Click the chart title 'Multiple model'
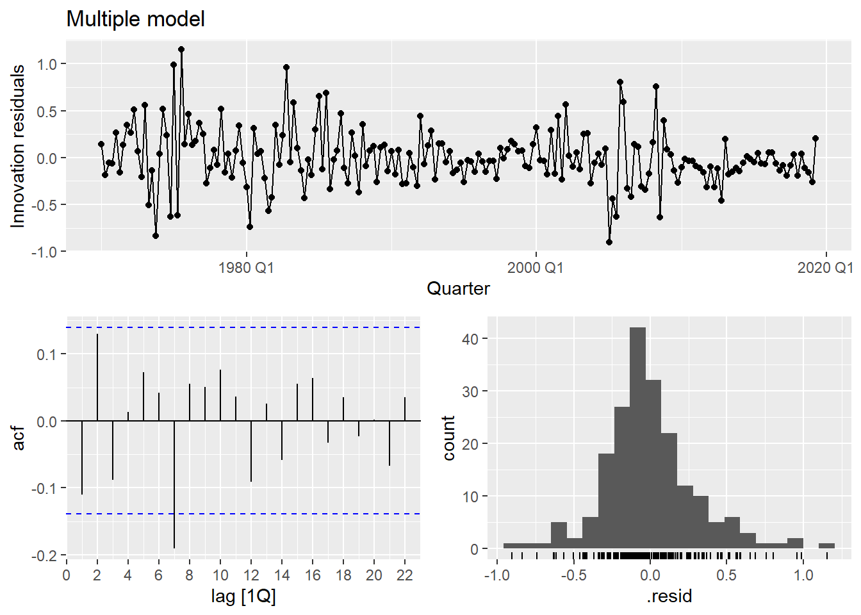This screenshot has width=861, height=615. pos(135,19)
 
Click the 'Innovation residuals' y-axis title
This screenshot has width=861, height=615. pos(18,146)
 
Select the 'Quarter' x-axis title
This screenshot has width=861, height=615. pos(458,288)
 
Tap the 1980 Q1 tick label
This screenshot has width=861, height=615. pos(246,268)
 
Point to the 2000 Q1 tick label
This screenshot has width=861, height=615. pos(536,268)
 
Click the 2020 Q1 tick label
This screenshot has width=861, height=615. pos(824,268)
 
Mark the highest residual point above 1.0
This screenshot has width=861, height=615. pos(181,49)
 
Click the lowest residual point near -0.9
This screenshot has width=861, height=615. pos(609,242)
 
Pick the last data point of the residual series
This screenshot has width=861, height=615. pos(816,138)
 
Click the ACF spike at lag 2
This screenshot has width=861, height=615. pos(97,378)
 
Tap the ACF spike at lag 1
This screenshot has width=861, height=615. pos(82,457)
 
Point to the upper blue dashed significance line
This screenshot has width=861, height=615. pos(243,327)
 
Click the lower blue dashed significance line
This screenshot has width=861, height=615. pos(243,514)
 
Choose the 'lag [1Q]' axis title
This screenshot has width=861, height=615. pos(243,596)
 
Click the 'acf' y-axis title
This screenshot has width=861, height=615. pos(19,438)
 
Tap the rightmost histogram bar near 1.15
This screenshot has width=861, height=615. pos(826,546)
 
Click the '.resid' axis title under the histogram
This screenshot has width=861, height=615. pos(669,596)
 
